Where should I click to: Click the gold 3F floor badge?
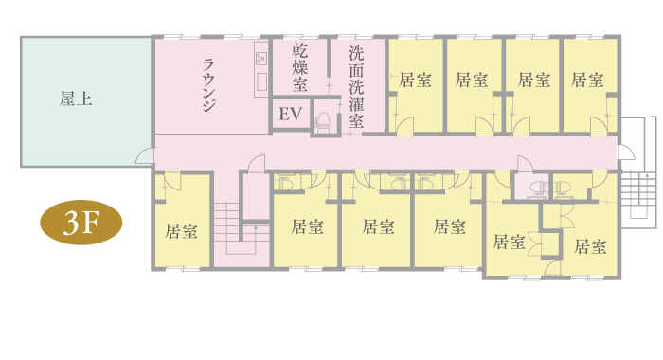coord(81,223)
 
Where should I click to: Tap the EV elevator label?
coord(291,114)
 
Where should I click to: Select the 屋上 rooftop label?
coord(76,99)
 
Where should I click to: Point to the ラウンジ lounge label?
coord(209,84)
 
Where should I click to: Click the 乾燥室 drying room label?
coord(300,67)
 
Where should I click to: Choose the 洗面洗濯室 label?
coord(356,87)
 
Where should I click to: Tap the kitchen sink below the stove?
coord(261,82)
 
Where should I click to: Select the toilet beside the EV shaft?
coord(324,122)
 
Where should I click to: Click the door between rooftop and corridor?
coord(144,155)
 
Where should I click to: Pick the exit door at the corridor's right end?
coord(626,153)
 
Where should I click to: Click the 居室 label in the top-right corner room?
coord(587,80)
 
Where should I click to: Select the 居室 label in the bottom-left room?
coord(182,231)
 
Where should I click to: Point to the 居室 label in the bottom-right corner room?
coord(590,246)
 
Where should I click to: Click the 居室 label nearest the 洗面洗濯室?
coord(415,80)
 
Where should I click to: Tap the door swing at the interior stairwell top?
coord(257,163)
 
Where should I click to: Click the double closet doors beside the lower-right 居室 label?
coord(534,244)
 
